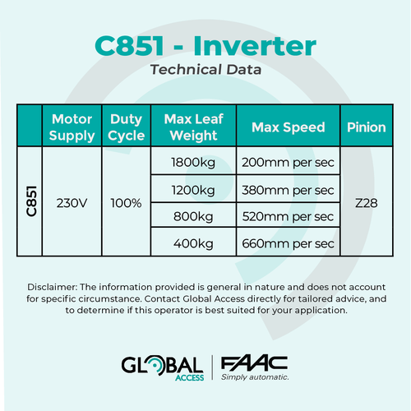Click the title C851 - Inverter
click(x=205, y=46)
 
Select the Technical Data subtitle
click(x=205, y=69)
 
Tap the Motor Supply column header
click(x=72, y=127)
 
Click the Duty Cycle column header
click(x=127, y=127)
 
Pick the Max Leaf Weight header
click(x=194, y=127)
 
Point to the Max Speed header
click(x=289, y=127)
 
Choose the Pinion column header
click(x=367, y=127)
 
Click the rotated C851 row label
click(x=31, y=201)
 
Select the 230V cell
click(x=72, y=203)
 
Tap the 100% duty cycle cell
click(x=126, y=203)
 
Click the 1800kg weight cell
click(x=193, y=163)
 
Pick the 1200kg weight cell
click(x=193, y=190)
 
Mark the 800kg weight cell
click(x=193, y=217)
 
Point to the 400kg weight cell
click(x=193, y=243)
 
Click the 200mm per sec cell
click(x=288, y=163)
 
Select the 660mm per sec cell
click(x=288, y=243)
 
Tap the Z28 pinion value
click(x=367, y=203)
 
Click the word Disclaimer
click(x=52, y=287)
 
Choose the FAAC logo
click(x=255, y=368)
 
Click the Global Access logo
click(x=163, y=368)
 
